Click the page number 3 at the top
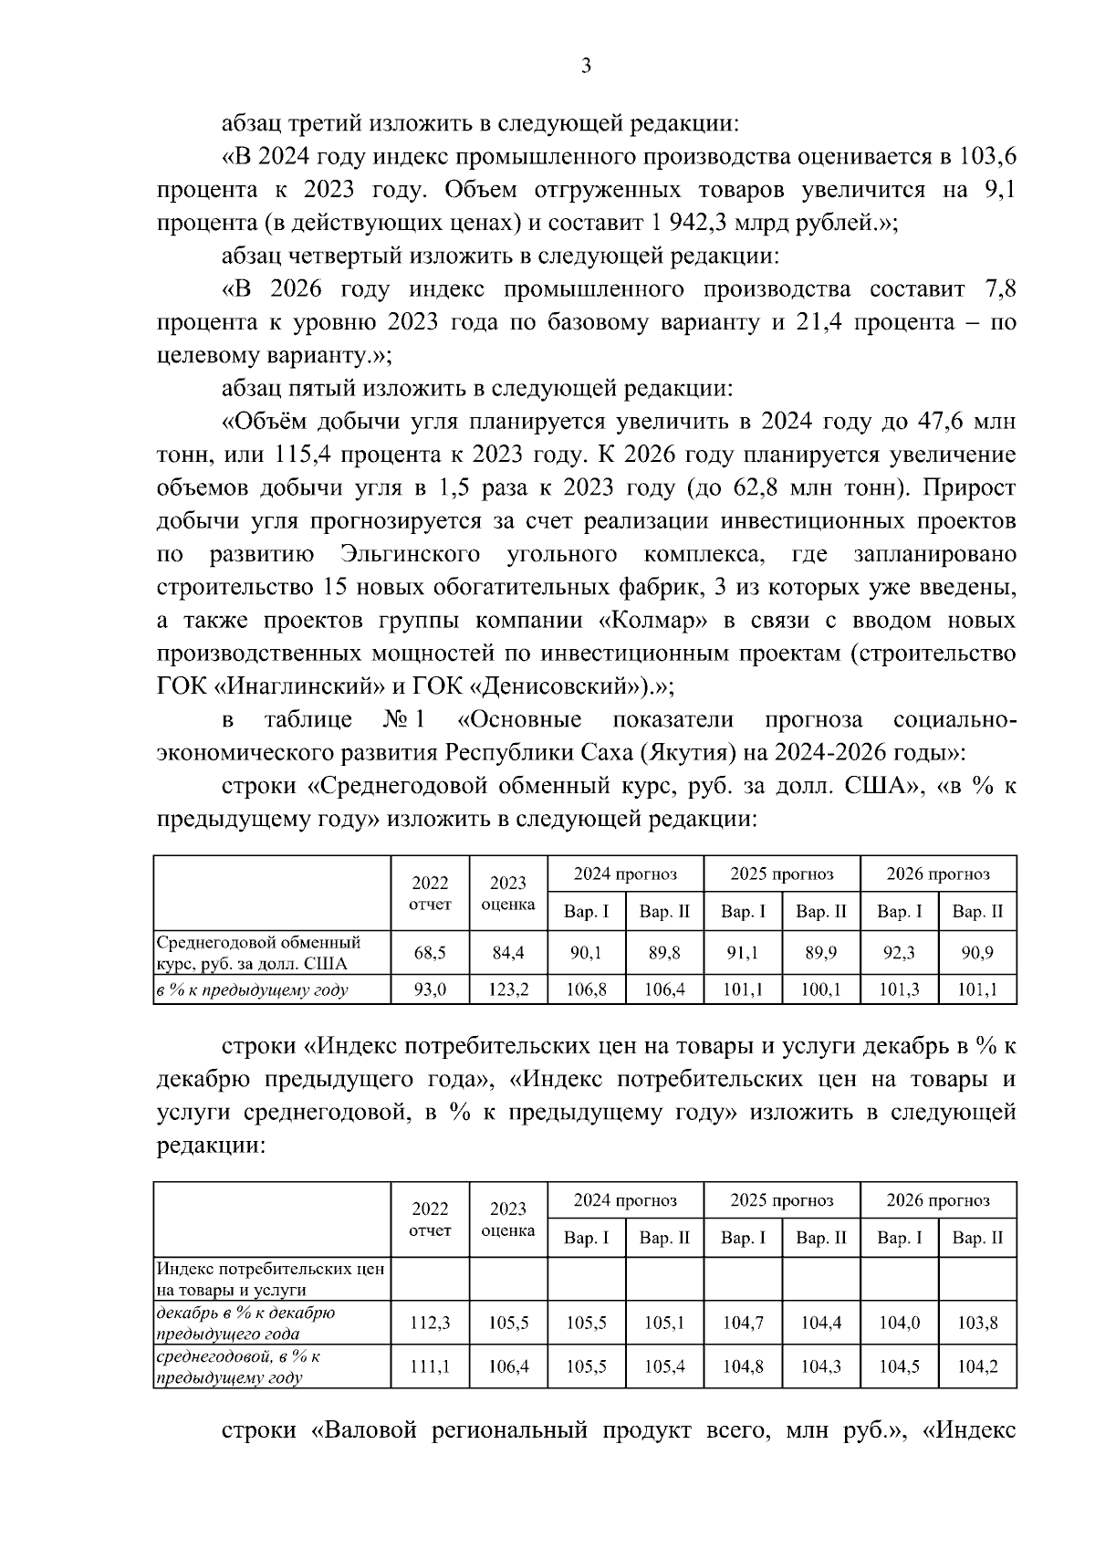coord(587,66)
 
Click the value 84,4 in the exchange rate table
coord(508,953)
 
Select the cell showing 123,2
coord(508,989)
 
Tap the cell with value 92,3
coord(899,953)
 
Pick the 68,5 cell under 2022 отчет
coord(430,953)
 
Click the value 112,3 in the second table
coord(430,1323)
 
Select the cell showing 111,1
coord(430,1366)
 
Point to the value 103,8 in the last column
coord(977,1323)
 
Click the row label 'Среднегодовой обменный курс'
coord(258,952)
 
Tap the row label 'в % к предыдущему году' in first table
coord(253,989)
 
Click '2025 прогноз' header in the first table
coord(782,874)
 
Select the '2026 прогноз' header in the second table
coord(938,1199)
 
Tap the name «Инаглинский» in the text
coord(304,686)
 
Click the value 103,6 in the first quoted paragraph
coord(986,157)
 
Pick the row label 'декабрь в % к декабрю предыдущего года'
coord(246,1323)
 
